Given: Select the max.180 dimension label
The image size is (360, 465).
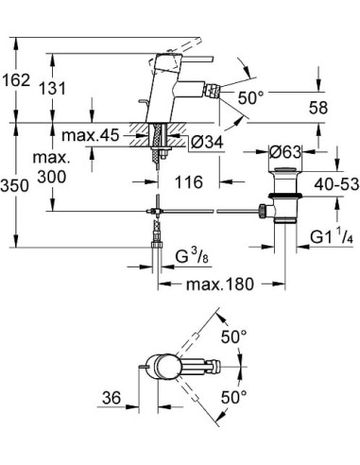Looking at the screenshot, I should coord(210,285).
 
